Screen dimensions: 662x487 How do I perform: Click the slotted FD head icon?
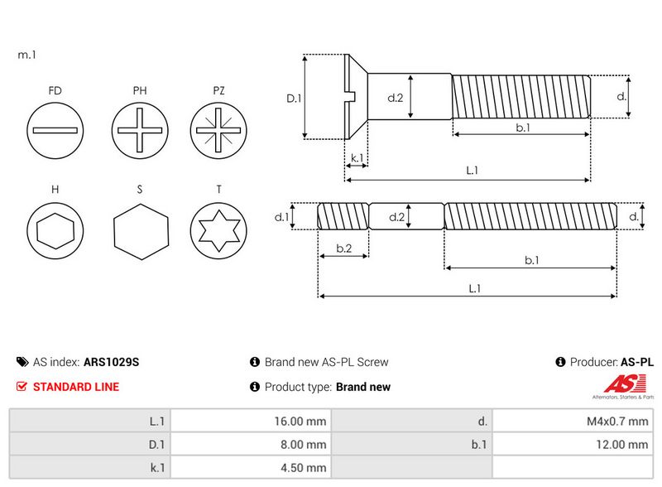point(55,130)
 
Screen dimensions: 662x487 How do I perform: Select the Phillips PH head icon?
point(140,130)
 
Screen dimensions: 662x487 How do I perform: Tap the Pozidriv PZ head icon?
point(218,130)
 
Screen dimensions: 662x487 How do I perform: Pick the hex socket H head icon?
point(55,231)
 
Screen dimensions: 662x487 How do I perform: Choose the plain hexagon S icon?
point(141,232)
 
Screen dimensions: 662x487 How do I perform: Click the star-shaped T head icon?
point(218,231)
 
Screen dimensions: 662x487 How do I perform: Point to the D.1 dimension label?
point(294,99)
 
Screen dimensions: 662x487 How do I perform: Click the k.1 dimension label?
point(357,157)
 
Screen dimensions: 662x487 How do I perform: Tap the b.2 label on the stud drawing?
point(344,248)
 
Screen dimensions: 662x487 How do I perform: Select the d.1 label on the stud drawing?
point(281,217)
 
